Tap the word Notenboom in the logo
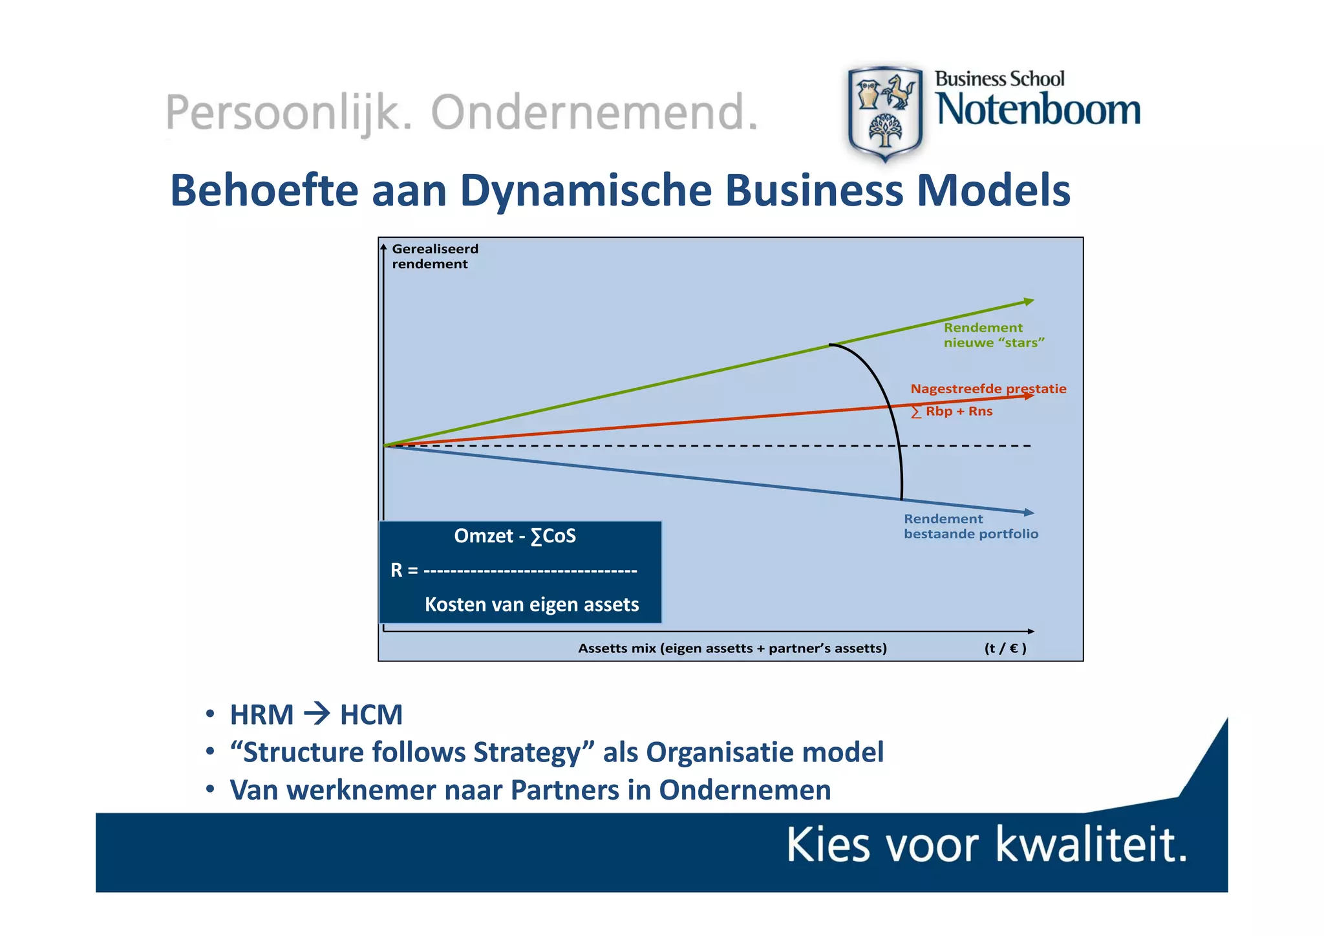pos(1038,109)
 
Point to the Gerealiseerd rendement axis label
pos(434,256)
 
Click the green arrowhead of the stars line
pos(1029,301)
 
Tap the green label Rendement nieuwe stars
pos(993,335)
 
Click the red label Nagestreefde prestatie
pos(988,388)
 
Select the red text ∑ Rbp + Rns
pos(952,411)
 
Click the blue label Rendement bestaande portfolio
pos(970,526)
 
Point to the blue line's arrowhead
pos(1029,512)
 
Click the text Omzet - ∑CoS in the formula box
pos(515,536)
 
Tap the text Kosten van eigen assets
pos(531,604)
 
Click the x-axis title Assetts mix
pos(732,648)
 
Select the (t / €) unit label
pos(1005,648)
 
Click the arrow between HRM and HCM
pos(317,714)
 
